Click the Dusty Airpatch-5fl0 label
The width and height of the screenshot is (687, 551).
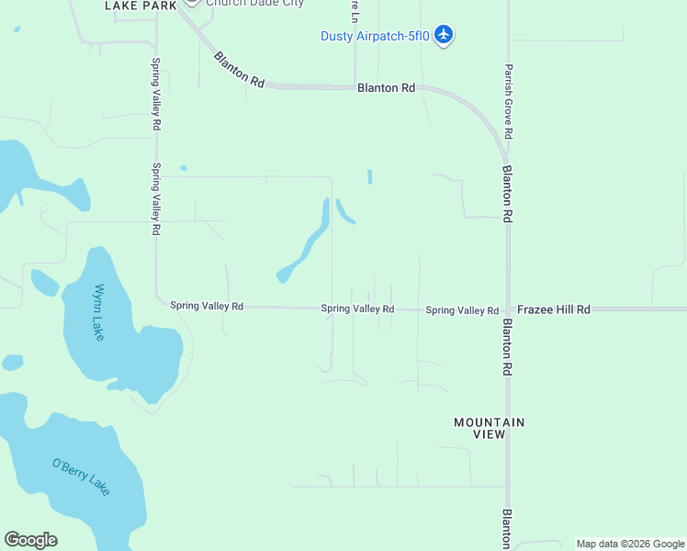[375, 36]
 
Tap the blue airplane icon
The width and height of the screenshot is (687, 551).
[445, 35]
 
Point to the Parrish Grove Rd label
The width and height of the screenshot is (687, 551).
[508, 101]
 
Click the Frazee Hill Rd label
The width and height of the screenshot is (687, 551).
[553, 310]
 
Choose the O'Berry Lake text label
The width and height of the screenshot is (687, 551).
[81, 477]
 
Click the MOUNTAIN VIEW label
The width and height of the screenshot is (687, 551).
[490, 428]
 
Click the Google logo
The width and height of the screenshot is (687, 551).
[30, 540]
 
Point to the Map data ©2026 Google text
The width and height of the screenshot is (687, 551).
[631, 544]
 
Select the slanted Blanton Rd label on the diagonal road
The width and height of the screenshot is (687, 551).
[239, 70]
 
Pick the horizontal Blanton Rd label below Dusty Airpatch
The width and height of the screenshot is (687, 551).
[386, 88]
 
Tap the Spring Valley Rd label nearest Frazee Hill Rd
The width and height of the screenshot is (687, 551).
[462, 311]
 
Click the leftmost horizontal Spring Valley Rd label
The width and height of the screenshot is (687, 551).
[207, 306]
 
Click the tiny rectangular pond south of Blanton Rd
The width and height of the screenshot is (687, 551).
[370, 176]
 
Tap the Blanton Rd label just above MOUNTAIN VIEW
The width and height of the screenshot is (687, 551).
[506, 347]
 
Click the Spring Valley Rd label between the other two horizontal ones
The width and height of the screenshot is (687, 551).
[357, 309]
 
